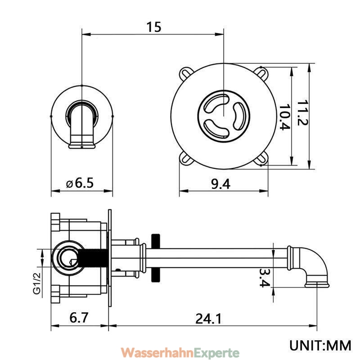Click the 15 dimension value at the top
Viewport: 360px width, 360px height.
(x=154, y=27)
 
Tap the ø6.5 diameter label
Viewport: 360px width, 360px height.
(x=80, y=183)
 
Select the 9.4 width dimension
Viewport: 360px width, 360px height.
(x=220, y=184)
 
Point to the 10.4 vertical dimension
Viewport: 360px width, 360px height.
(x=284, y=117)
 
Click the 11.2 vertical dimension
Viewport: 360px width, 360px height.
(x=302, y=112)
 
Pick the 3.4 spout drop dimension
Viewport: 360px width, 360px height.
(x=265, y=278)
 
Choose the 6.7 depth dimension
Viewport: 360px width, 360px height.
(x=79, y=318)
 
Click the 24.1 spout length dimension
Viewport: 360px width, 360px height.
(x=208, y=319)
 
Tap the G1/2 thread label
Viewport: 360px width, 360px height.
(x=37, y=283)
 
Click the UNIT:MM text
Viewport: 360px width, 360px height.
(x=320, y=345)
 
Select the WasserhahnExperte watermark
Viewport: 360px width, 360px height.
(x=180, y=352)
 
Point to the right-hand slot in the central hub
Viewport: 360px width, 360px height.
(x=239, y=116)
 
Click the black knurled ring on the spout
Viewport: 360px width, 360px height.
(x=156, y=258)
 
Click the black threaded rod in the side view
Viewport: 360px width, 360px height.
(x=93, y=258)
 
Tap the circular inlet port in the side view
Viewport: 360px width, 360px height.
(x=68, y=258)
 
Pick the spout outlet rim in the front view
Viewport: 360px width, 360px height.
(x=82, y=146)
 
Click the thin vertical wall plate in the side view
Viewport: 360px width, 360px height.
(x=110, y=258)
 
